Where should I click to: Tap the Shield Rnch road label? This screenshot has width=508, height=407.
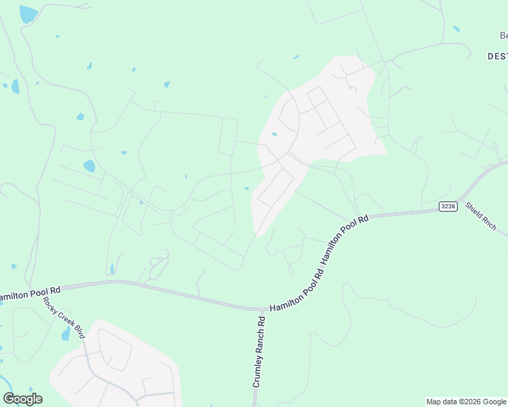(x=481, y=216)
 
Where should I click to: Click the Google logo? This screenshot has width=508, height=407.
(x=22, y=399)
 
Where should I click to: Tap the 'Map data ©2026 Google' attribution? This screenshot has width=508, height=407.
(x=466, y=402)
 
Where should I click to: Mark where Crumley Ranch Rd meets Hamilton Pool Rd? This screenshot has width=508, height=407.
(x=261, y=309)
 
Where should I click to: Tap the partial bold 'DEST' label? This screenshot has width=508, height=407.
(x=497, y=56)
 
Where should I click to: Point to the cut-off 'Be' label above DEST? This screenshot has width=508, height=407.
(x=503, y=35)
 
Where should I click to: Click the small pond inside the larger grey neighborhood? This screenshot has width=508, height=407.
(x=274, y=134)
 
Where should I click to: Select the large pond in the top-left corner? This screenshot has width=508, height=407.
(x=29, y=14)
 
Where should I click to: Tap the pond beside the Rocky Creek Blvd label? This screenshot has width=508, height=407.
(x=66, y=334)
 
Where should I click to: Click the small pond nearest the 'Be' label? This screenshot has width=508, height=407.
(x=456, y=28)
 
